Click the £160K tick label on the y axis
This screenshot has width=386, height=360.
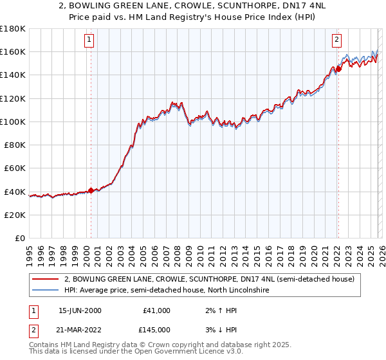tap(13, 51)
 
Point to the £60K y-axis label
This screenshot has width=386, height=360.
tap(15, 168)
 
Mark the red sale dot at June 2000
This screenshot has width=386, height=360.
tap(91, 190)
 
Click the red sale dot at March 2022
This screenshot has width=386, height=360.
tap(338, 69)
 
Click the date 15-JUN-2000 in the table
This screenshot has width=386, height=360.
tap(80, 310)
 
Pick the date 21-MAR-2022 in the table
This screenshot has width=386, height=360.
tap(80, 330)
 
